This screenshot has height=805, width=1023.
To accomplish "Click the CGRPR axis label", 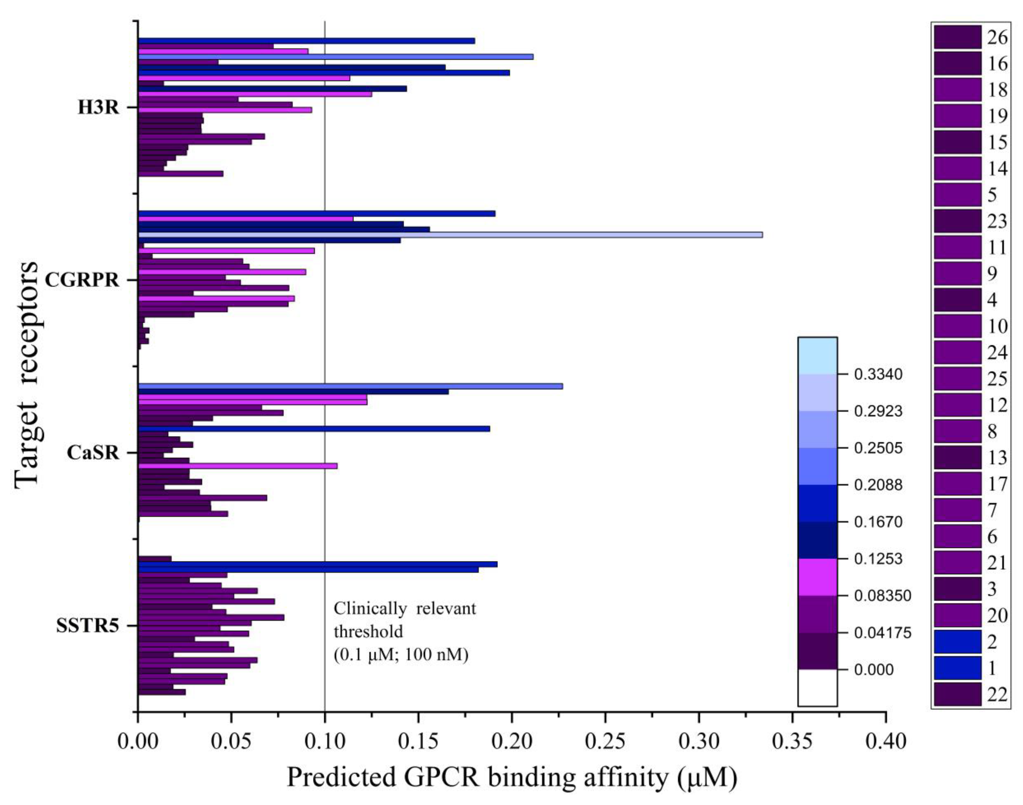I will pos(82,280).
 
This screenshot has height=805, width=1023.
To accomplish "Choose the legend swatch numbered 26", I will pos(957,37).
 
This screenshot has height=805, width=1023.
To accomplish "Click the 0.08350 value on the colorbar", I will pos(882,596).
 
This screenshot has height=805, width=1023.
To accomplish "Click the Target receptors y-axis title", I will pos(26,375).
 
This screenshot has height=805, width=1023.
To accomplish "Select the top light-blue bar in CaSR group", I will pos(350,386).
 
